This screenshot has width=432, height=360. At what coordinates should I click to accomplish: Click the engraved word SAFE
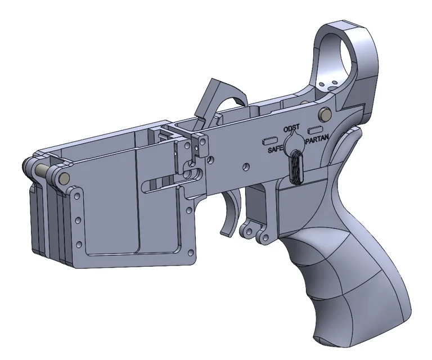click(x=275, y=150)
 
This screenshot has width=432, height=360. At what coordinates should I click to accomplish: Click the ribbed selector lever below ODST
click(x=296, y=166)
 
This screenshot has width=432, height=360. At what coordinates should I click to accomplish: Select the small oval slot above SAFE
click(x=271, y=138)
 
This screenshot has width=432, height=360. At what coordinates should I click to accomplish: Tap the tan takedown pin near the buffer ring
click(x=324, y=114)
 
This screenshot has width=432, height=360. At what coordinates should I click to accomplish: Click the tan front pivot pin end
click(x=65, y=178)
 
